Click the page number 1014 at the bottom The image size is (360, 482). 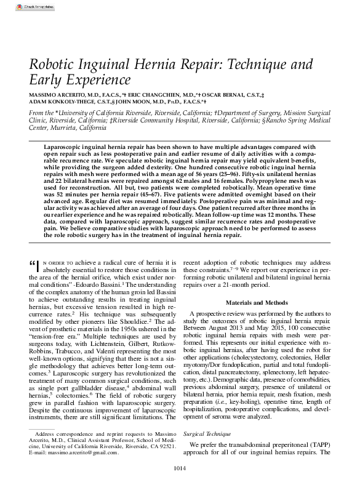pos(179,475)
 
